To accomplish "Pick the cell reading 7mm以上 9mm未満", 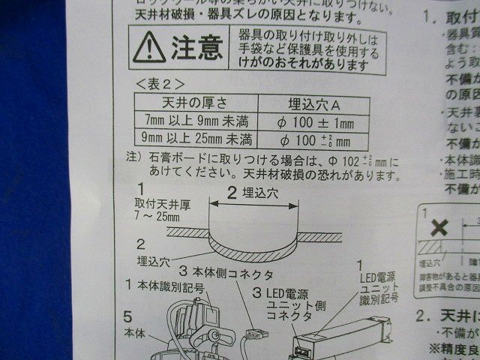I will (x=196, y=120).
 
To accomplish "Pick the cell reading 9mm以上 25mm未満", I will (x=195, y=138).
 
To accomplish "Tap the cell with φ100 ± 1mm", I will (x=315, y=121).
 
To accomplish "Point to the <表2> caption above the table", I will (x=157, y=82).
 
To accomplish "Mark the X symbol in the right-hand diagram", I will (x=440, y=227).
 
